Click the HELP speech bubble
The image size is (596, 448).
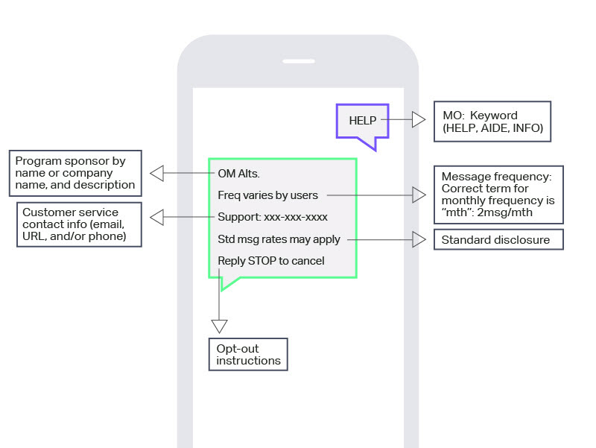362,122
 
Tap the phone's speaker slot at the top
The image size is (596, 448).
299,61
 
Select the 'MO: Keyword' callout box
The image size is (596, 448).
492,122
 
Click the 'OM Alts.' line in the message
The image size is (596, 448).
238,174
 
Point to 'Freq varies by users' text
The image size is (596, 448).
267,195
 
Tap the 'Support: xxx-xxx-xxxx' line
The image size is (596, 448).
273,217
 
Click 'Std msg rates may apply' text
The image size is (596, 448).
279,239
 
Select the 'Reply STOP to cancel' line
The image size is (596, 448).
271,261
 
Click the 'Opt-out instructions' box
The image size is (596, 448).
248,354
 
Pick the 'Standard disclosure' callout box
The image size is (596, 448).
498,239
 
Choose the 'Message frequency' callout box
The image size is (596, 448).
498,195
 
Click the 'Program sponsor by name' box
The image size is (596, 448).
75,174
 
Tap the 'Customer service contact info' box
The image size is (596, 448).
79,224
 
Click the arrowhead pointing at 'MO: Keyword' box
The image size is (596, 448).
419,119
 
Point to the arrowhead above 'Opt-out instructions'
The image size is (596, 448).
219,326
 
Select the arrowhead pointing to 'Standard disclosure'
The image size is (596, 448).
419,239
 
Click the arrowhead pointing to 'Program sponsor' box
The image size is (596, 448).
157,174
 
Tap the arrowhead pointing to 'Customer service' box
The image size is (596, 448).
157,217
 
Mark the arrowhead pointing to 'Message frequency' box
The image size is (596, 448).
419,195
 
